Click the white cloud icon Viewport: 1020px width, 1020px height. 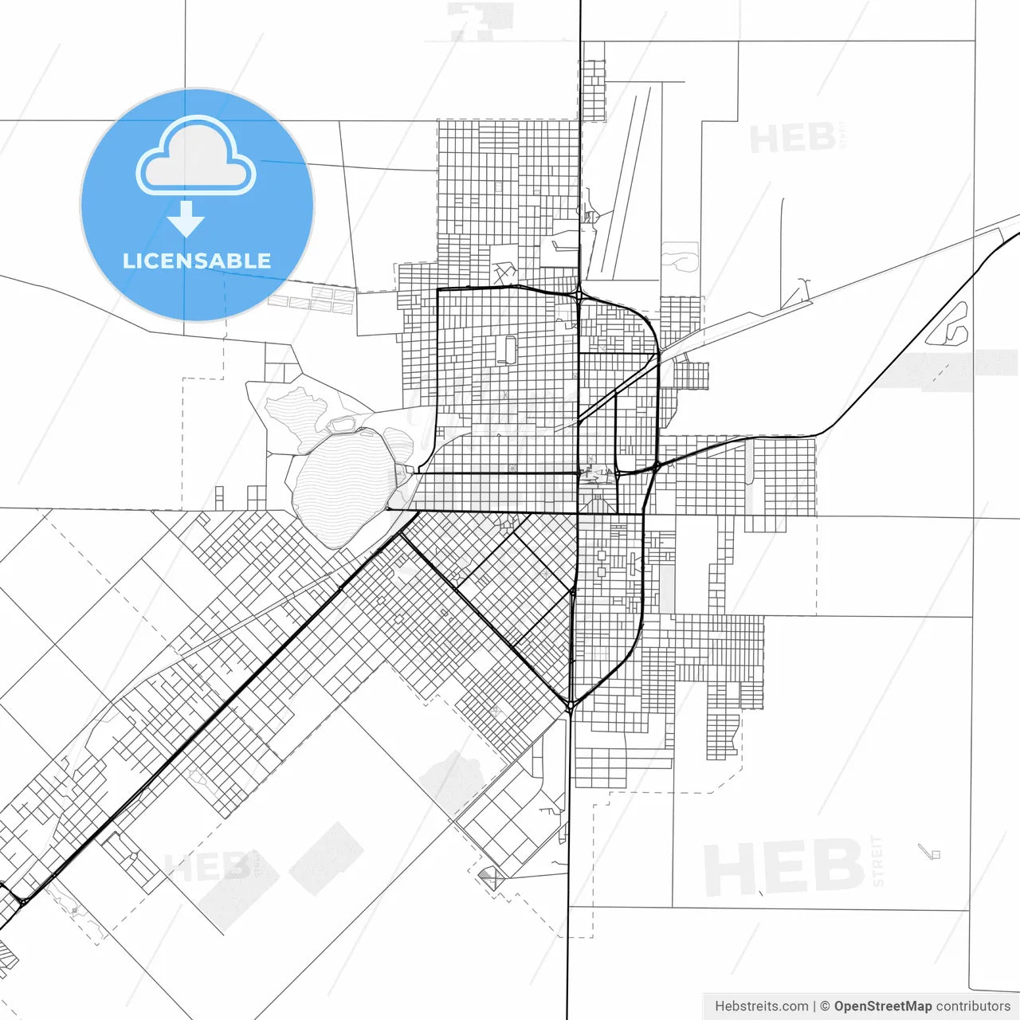[x=196, y=157]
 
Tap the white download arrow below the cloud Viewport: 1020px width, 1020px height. [x=186, y=219]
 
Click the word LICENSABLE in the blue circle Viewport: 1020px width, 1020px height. [x=196, y=261]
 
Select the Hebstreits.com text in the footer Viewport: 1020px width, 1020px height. [x=761, y=1006]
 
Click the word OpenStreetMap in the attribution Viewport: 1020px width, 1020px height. [x=882, y=1006]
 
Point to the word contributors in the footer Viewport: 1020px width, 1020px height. [x=972, y=1006]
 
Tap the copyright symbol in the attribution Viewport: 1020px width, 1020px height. [x=825, y=1006]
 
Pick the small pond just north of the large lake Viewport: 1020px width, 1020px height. [x=343, y=424]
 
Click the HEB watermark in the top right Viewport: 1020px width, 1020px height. [x=793, y=139]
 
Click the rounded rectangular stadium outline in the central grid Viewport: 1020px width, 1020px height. [x=507, y=349]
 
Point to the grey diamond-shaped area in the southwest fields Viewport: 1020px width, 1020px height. [x=327, y=857]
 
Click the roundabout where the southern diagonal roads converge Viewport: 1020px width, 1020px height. [x=571, y=706]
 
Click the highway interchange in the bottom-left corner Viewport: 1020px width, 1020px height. [x=22, y=899]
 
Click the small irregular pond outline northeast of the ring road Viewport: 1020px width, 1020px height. [x=679, y=256]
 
